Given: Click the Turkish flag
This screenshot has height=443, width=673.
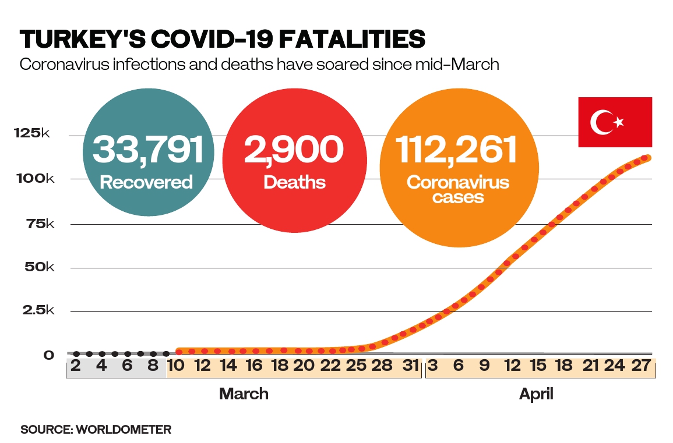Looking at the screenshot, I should [615, 122].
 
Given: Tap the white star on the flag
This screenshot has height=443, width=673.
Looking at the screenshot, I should [619, 122].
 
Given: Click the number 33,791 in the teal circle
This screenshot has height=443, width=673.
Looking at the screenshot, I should [148, 150].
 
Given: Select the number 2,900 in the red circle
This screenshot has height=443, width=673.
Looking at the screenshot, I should [294, 150].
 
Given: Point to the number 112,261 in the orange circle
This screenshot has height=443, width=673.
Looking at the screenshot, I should [457, 150].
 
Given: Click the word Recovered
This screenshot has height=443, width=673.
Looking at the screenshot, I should [146, 182].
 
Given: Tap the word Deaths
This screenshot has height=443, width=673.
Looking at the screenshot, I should [294, 182].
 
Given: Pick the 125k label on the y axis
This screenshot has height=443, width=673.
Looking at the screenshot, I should [32, 134].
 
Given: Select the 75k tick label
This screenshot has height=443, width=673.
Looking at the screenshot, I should [39, 224].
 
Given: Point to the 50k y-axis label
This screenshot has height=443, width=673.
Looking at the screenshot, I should [39, 268].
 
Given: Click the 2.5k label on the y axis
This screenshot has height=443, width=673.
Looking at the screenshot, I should [37, 311].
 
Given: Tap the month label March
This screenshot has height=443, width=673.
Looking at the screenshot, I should [244, 394].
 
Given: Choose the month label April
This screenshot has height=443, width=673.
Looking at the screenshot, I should [536, 394].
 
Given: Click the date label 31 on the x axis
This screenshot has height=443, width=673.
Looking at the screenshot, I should [411, 366].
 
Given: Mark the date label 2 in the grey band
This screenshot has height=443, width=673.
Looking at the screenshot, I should [76, 366].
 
